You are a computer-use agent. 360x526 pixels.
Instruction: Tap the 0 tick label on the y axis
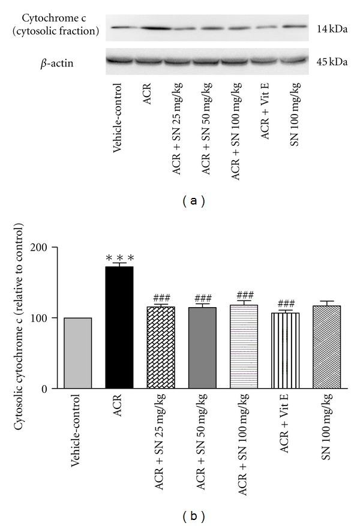(x=44, y=389)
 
